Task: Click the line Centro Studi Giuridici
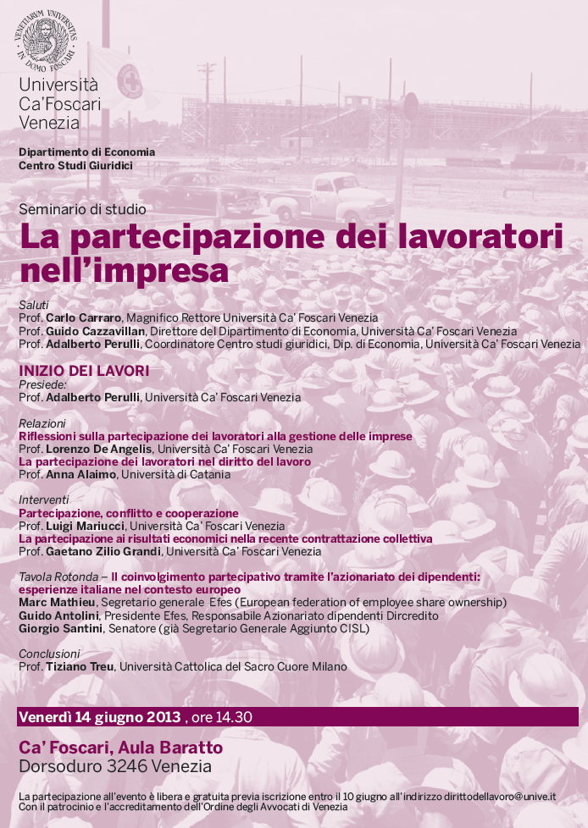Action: pyautogui.click(x=75, y=165)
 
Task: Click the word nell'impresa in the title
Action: pyautogui.click(x=124, y=270)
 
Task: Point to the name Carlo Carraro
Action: pyautogui.click(x=83, y=317)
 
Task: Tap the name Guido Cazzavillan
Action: pyautogui.click(x=96, y=331)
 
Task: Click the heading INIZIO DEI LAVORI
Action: pyautogui.click(x=84, y=371)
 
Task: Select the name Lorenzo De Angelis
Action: pyautogui.click(x=99, y=449)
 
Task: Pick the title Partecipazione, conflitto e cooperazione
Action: pyautogui.click(x=129, y=513)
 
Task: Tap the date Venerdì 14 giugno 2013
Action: pyautogui.click(x=99, y=717)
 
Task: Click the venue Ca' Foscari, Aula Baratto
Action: pyautogui.click(x=120, y=748)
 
